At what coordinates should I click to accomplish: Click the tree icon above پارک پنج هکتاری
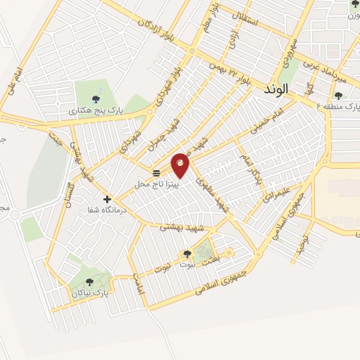pos(97,98)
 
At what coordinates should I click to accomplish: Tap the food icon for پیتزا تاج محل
pos(157,172)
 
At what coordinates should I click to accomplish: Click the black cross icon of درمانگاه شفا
pos(108,199)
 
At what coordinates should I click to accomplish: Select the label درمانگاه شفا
pos(107,210)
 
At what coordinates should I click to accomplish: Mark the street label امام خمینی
pos(266,120)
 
